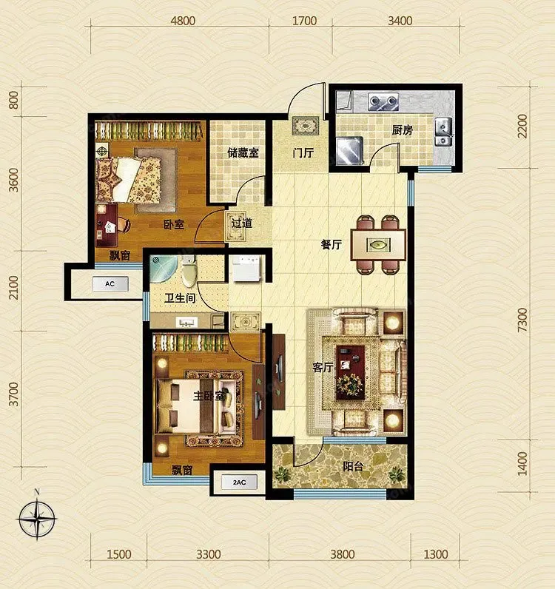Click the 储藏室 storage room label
(243, 153)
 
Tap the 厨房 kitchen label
(402, 130)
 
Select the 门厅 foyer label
(303, 153)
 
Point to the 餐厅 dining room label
(331, 244)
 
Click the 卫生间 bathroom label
(180, 298)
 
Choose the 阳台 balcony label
(353, 466)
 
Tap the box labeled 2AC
(239, 482)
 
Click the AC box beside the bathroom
(110, 284)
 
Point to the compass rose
(37, 519)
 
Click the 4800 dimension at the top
(183, 21)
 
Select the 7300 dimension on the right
(522, 320)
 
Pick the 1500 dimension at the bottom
(119, 554)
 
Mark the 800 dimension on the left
(13, 100)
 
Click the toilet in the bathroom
(189, 272)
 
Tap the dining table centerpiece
(378, 245)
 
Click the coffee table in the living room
(350, 372)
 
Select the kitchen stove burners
(383, 101)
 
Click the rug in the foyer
(306, 126)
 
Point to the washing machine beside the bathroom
(245, 268)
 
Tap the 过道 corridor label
(242, 223)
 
